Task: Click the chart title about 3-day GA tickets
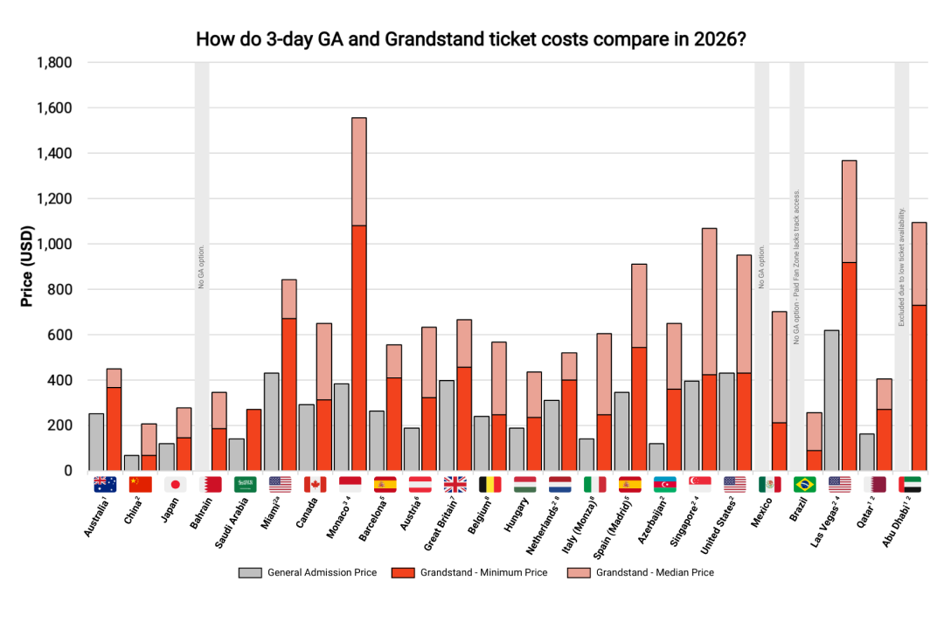[471, 40]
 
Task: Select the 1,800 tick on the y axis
[54, 63]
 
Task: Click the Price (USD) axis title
[28, 266]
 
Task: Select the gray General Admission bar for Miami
[272, 422]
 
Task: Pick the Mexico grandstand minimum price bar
[779, 446]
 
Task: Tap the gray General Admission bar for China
[132, 463]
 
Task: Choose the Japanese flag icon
[175, 485]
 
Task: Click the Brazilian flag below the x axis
[804, 485]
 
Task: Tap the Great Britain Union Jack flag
[455, 485]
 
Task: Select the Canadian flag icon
[315, 485]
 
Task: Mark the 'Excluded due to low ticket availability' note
[901, 266]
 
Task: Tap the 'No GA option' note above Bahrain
[202, 266]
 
